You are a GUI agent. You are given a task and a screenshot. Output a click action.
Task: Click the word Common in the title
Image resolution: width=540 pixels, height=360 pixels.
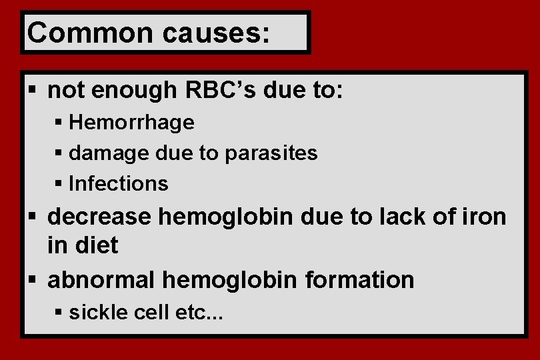[77, 33]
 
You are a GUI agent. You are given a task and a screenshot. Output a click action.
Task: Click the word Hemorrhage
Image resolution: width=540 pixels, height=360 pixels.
[131, 123]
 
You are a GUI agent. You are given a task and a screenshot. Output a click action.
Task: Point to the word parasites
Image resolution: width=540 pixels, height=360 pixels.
[271, 153]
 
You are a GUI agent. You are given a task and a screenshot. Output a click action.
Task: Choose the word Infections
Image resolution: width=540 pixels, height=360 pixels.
[119, 183]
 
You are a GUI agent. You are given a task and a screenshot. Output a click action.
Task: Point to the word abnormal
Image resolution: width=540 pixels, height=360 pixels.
[101, 280]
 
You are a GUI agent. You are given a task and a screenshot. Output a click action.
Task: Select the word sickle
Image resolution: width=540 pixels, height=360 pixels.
[98, 312]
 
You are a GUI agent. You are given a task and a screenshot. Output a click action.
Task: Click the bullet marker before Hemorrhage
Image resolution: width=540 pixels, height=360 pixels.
[59, 123]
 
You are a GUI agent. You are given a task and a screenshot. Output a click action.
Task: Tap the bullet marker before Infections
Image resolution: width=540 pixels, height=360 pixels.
[59, 183]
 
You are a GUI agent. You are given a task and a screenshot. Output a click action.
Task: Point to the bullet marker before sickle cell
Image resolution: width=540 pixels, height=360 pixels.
[59, 312]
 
